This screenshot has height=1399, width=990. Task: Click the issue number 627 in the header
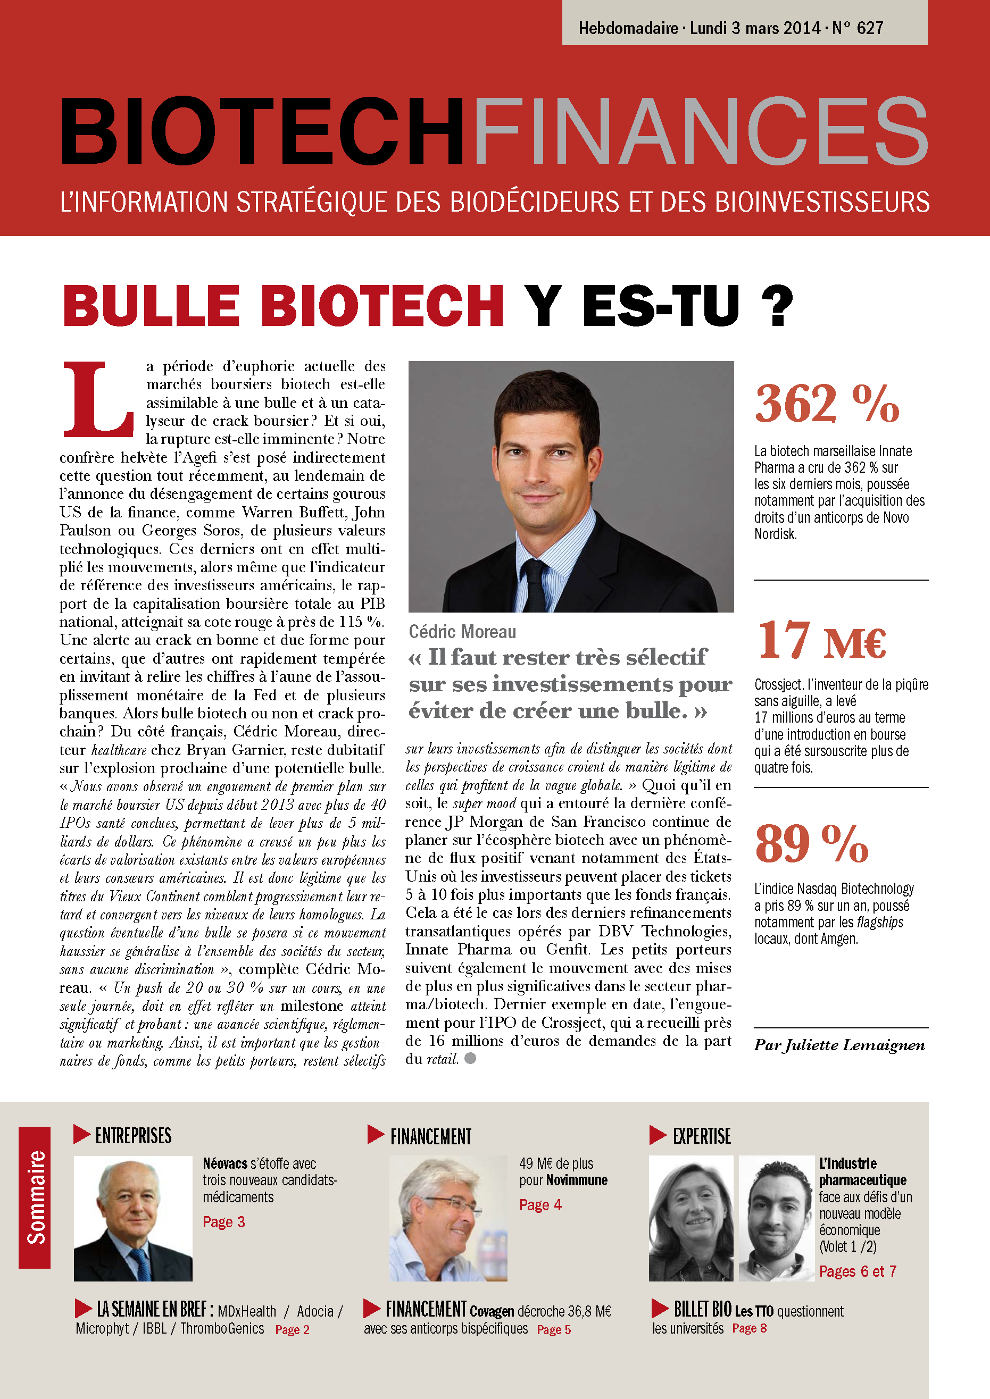pyautogui.click(x=870, y=28)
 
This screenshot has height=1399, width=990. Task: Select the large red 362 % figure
pyautogui.click(x=827, y=404)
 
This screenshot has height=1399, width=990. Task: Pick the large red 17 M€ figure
pyautogui.click(x=821, y=641)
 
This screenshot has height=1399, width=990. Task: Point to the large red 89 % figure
pyautogui.click(x=811, y=843)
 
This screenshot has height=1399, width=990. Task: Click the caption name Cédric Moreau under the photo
pyautogui.click(x=462, y=631)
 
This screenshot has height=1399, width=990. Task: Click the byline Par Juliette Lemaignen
pyautogui.click(x=839, y=1045)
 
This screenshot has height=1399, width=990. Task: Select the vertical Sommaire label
pyautogui.click(x=35, y=1197)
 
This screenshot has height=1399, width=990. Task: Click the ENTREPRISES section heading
pyautogui.click(x=133, y=1136)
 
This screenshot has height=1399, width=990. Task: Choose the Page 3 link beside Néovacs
pyautogui.click(x=224, y=1222)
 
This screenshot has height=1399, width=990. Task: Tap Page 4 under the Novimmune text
pyautogui.click(x=540, y=1204)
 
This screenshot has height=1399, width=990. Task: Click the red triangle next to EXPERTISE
pyautogui.click(x=658, y=1135)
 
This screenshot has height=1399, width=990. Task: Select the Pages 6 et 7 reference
pyautogui.click(x=857, y=1271)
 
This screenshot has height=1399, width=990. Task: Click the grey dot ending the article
pyautogui.click(x=470, y=1058)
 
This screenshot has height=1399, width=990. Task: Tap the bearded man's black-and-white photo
pyautogui.click(x=776, y=1219)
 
